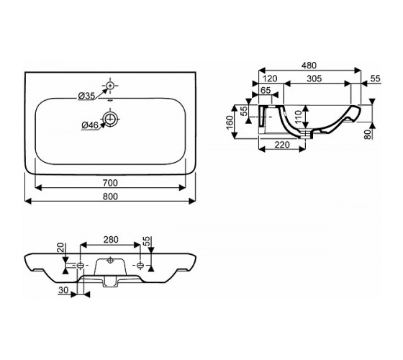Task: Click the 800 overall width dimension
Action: tap(110, 197)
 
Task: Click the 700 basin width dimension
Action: tap(110, 183)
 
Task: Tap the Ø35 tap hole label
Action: tap(86, 96)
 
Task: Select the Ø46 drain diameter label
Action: tap(90, 125)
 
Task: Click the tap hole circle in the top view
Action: tap(110, 86)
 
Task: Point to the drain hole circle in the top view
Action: tap(111, 119)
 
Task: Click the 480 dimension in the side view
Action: tap(309, 66)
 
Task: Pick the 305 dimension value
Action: tap(314, 78)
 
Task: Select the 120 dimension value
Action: tap(270, 78)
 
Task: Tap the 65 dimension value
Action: tap(266, 90)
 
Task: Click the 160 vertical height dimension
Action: tap(230, 122)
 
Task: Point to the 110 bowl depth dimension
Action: tap(298, 117)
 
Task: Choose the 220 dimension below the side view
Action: tap(282, 145)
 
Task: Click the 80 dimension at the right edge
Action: tap(368, 134)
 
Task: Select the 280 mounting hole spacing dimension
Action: tap(111, 240)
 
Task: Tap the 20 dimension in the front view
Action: tap(60, 248)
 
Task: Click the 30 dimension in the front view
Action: tap(63, 290)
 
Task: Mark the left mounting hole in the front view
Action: tap(81, 266)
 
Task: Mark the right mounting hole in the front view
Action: tap(140, 265)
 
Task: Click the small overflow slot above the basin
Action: tap(111, 101)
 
